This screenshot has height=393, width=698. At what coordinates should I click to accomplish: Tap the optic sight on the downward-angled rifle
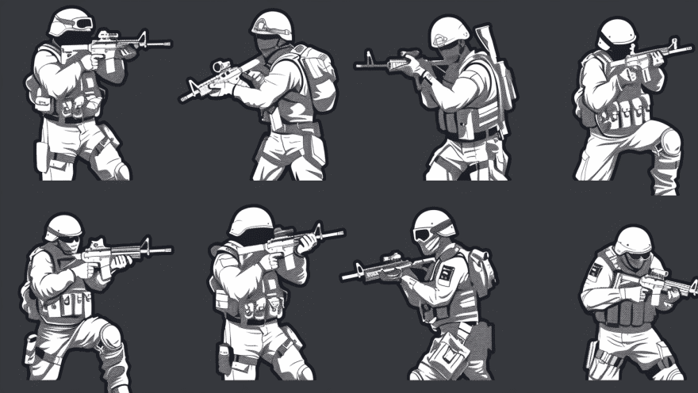coord(221,67)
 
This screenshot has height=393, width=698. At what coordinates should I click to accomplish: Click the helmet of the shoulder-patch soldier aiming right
coord(633,240)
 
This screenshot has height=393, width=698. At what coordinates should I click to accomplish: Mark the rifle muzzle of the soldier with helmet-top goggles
coord(166,44)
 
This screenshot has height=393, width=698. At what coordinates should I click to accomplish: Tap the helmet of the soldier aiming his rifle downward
coord(273,24)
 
